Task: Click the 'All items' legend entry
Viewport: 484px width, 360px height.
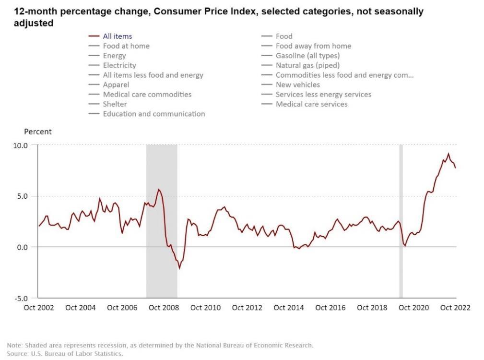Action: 117,36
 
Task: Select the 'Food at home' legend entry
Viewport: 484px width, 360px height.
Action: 126,46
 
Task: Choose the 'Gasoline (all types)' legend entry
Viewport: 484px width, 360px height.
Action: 307,56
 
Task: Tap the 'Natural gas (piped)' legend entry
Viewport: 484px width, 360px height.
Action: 307,65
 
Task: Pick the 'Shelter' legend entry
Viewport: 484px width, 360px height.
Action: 115,104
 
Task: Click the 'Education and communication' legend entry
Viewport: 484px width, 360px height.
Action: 153,114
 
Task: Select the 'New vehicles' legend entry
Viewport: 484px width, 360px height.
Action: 297,85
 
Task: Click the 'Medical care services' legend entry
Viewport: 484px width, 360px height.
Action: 311,104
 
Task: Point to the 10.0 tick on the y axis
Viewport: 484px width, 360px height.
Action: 20,145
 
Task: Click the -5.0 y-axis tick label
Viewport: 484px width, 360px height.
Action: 20,298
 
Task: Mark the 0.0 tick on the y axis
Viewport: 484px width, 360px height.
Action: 21,247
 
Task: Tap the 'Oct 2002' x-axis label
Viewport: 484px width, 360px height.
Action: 39,308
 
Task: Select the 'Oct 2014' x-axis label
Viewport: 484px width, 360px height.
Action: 289,308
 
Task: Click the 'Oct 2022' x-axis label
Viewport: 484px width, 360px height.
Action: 455,308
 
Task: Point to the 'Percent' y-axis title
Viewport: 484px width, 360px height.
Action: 37,132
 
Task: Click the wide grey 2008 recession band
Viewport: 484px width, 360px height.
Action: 162,221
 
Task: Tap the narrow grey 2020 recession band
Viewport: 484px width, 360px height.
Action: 401,221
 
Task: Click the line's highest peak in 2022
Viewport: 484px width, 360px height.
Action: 449,154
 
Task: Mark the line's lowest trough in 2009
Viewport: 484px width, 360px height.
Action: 179,268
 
